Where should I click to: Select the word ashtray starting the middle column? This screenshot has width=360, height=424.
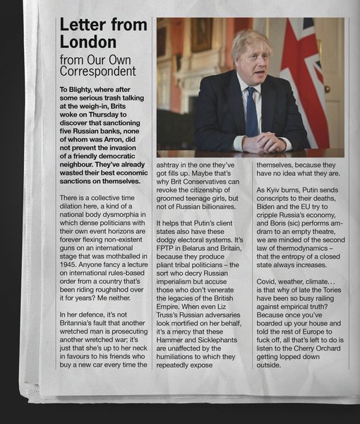point(173,163)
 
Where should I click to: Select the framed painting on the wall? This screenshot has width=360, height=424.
point(201,35)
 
